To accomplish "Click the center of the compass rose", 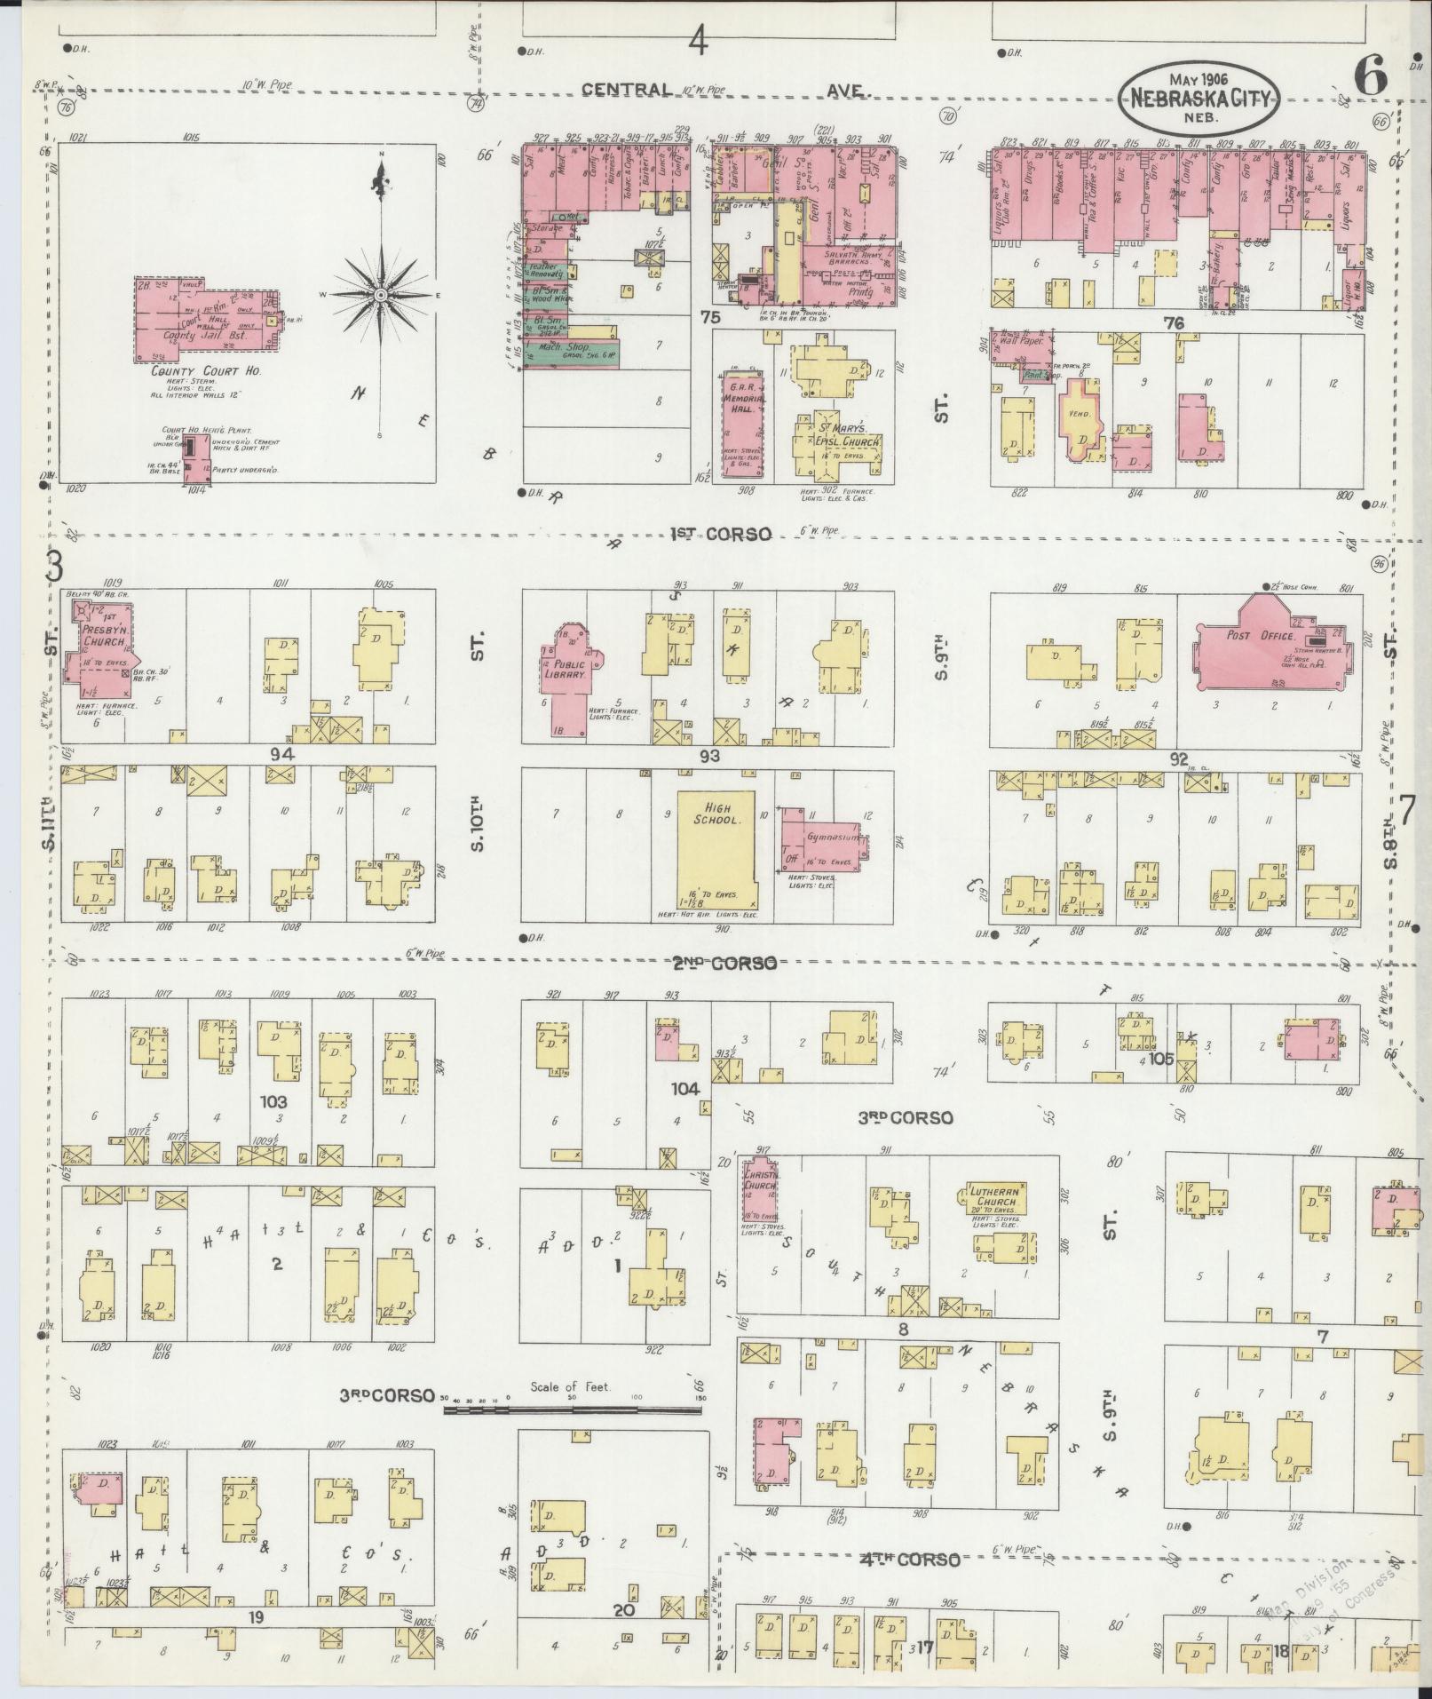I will [381, 295].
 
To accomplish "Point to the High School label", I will [716, 814].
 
